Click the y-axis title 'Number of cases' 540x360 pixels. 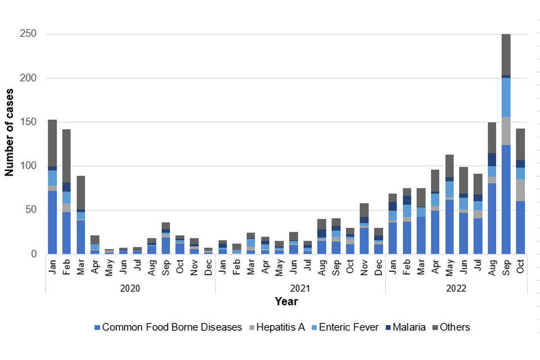tap(10, 132)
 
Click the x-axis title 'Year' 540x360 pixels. tap(286, 301)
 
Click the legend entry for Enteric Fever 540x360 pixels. tap(343, 327)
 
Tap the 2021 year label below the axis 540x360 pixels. tap(300, 287)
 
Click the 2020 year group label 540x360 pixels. tap(130, 287)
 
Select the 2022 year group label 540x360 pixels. tap(456, 287)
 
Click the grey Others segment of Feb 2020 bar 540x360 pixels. tap(67, 156)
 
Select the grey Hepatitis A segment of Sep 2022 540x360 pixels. tap(506, 131)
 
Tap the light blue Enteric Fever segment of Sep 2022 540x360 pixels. tap(506, 97)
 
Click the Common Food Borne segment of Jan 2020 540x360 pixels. tap(53, 222)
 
